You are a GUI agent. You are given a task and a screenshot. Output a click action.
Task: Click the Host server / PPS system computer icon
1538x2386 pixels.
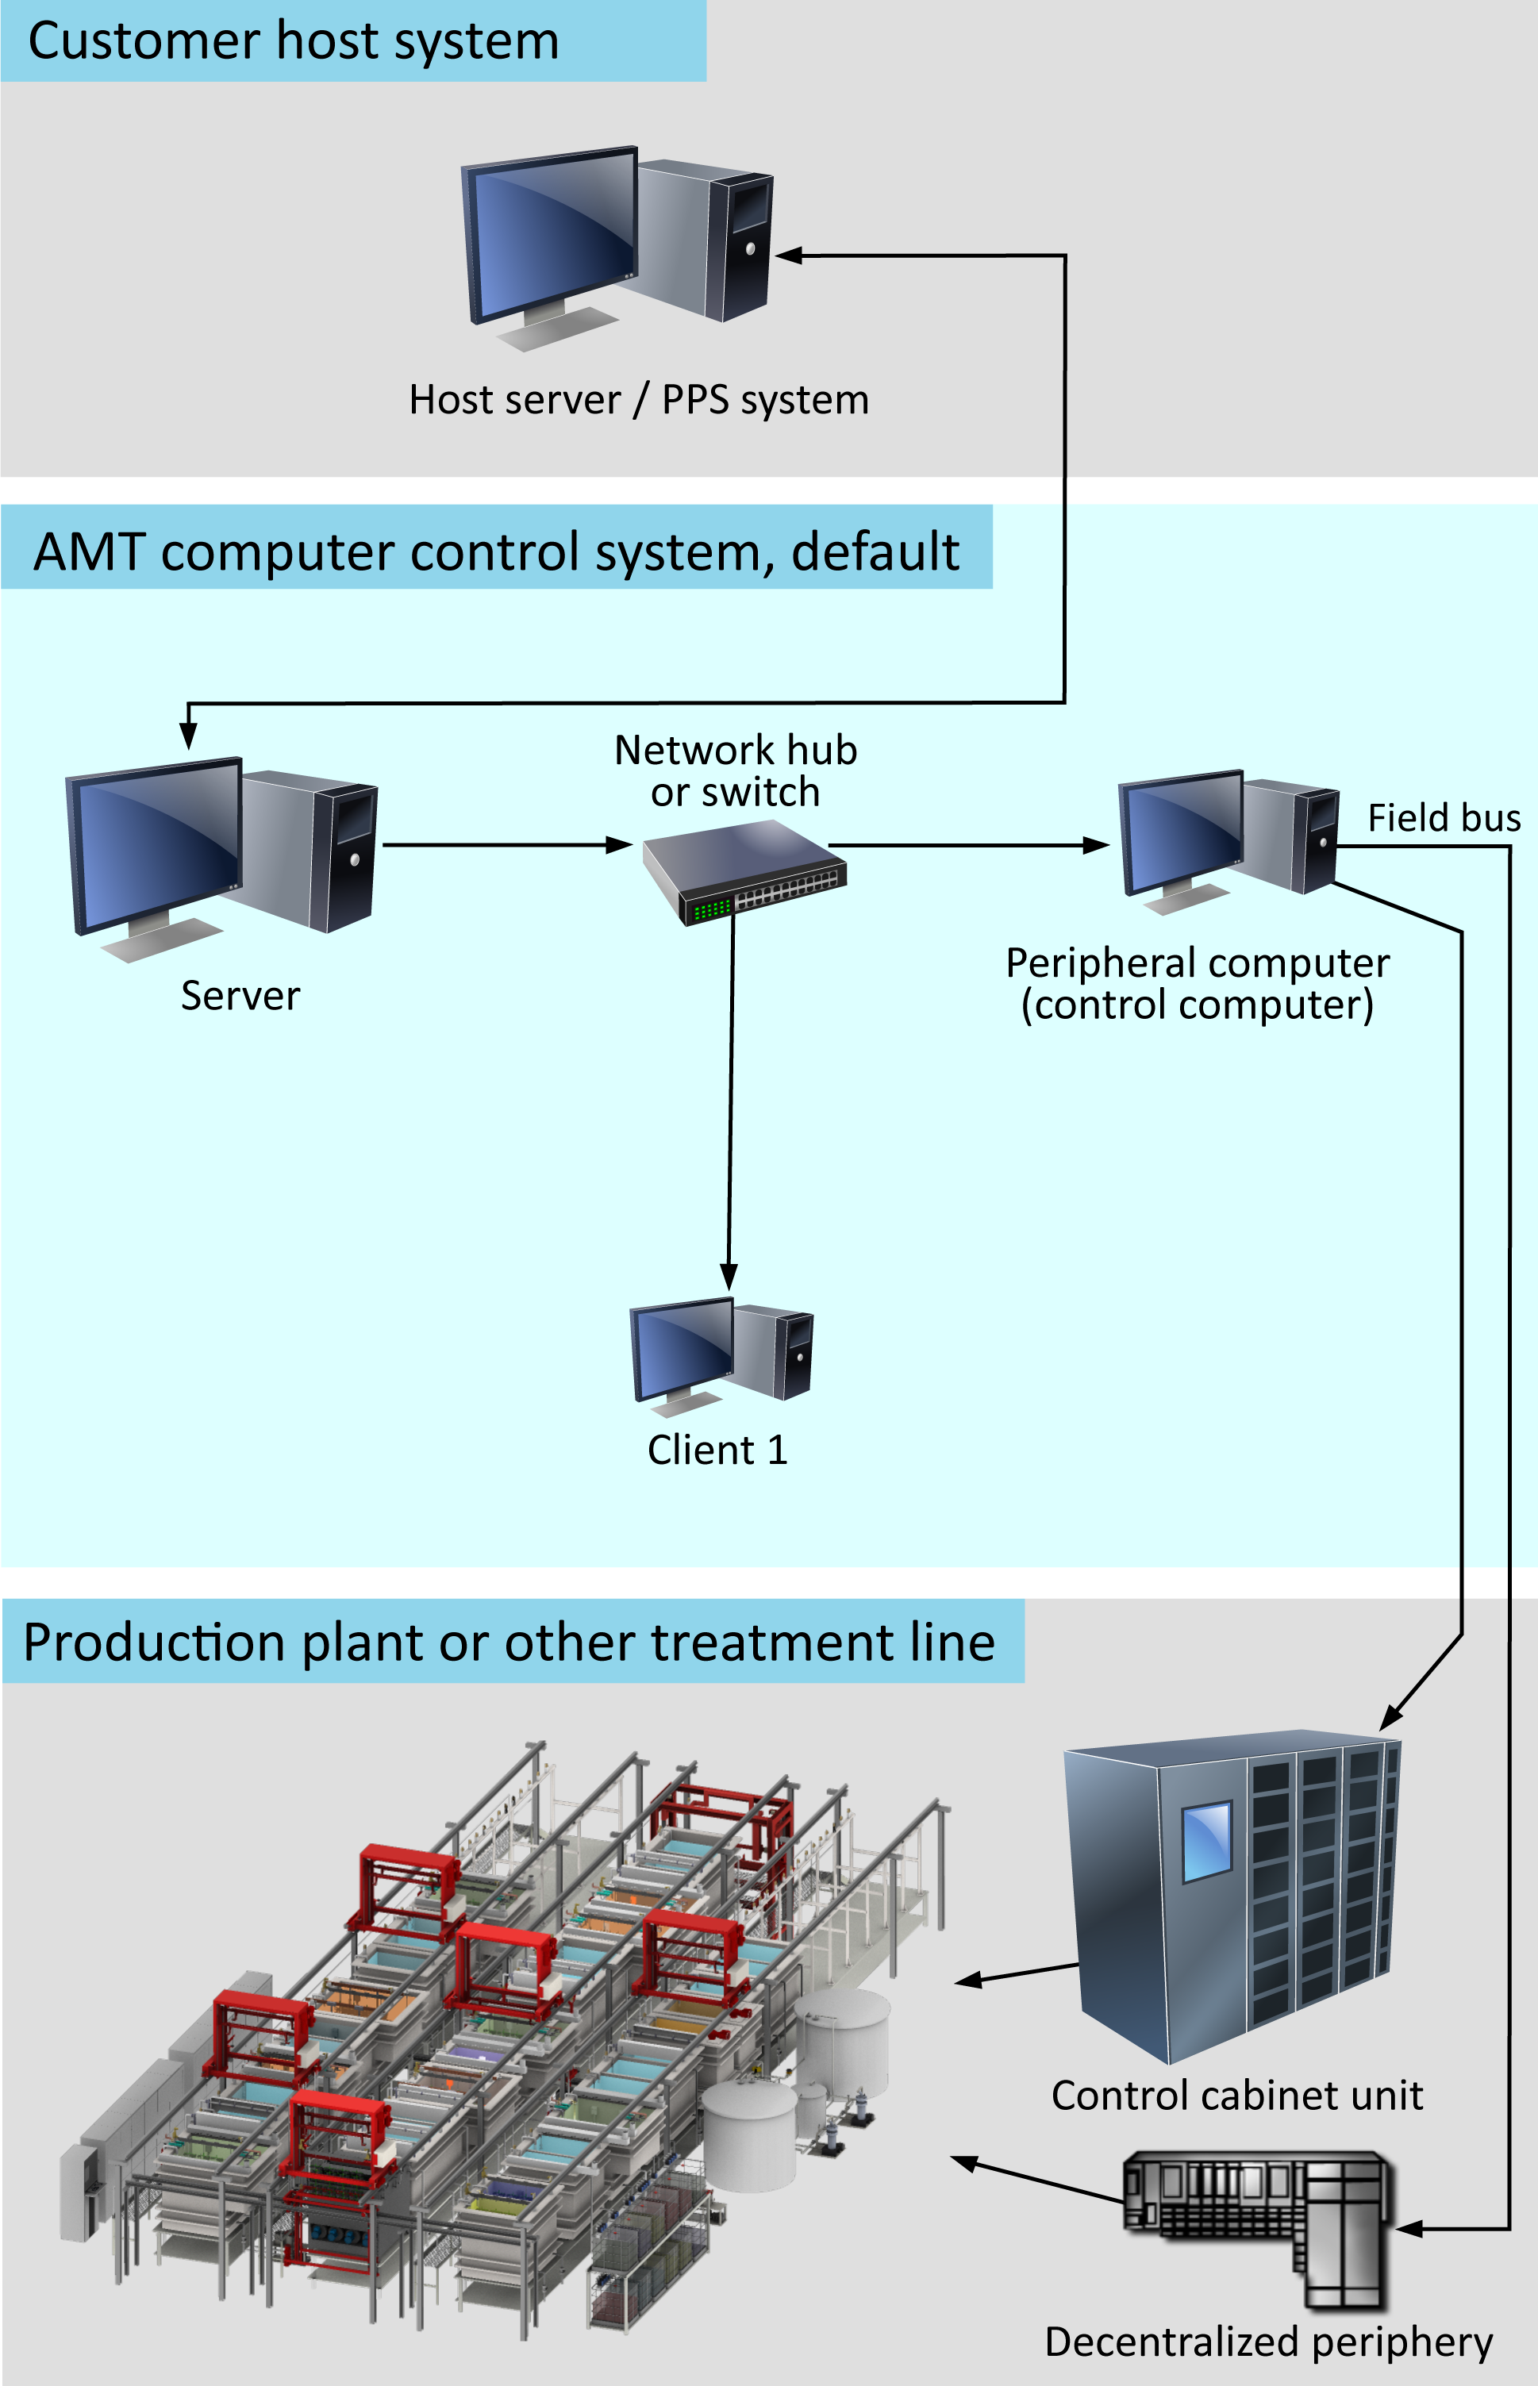click(x=616, y=248)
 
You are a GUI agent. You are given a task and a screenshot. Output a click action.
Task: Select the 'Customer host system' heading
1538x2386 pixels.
click(x=294, y=41)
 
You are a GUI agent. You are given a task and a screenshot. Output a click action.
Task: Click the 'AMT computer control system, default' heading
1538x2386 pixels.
click(x=496, y=552)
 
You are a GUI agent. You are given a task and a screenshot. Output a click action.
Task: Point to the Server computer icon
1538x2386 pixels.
click(x=221, y=859)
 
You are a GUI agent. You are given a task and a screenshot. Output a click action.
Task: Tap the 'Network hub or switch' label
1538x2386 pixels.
click(x=736, y=770)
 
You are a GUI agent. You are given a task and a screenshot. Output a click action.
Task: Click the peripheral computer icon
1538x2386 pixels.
click(x=1228, y=842)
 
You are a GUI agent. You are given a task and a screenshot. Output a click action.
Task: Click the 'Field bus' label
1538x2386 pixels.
click(x=1444, y=817)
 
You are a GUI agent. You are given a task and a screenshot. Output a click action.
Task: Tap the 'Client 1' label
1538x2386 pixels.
click(x=718, y=1450)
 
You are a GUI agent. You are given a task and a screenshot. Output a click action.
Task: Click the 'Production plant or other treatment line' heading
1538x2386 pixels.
click(x=509, y=1643)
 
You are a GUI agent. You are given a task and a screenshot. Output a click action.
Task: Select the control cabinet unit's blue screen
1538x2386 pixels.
click(x=1206, y=1841)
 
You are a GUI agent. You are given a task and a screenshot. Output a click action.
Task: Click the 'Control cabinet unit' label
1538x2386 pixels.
click(x=1237, y=2095)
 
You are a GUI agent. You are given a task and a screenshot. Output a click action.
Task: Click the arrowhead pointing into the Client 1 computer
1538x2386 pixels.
click(x=729, y=1277)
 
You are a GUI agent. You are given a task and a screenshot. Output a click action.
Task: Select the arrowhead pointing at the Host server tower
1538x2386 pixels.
click(x=789, y=256)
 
